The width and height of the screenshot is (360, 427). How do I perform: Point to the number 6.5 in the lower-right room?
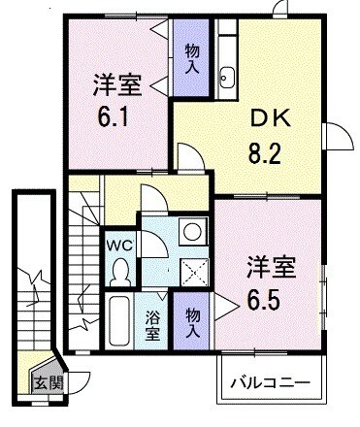(266, 296)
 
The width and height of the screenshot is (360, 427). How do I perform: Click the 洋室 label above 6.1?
(117, 84)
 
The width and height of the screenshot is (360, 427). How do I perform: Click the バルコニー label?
(270, 382)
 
